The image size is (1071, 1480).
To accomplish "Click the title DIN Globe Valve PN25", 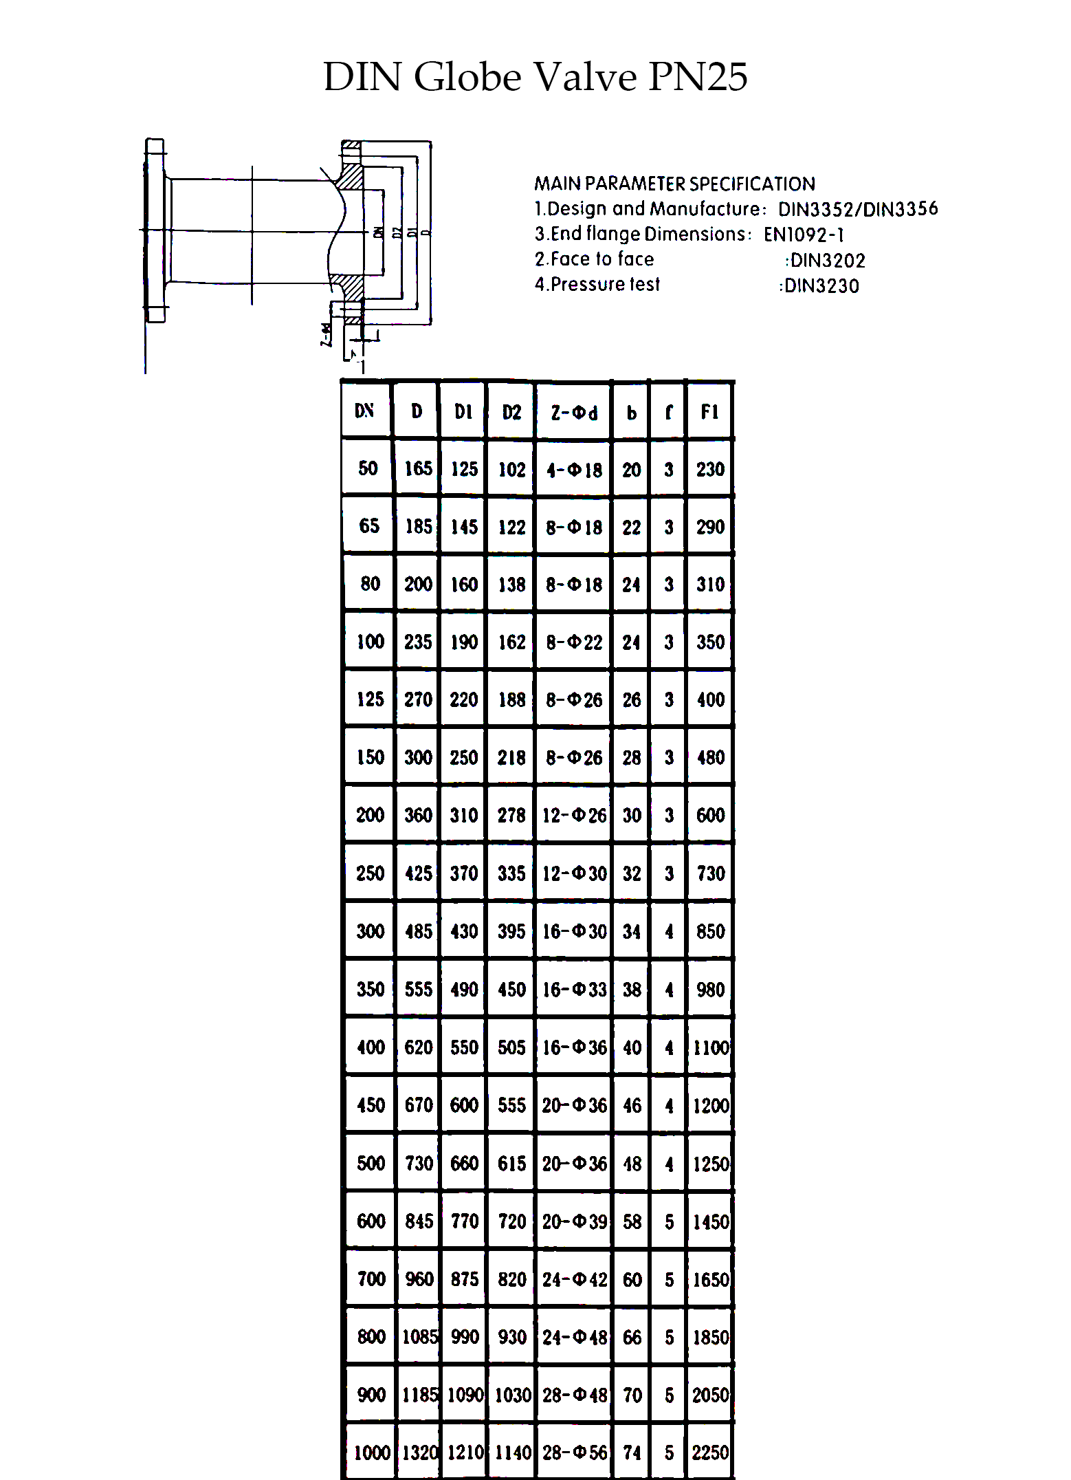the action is coord(535,76).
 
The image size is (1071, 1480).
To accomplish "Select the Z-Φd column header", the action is coord(574,413).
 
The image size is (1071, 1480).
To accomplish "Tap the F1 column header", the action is coord(709,412).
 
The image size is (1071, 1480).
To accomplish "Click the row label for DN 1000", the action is coord(371,1452).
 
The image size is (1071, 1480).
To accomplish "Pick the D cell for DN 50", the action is coord(418,469).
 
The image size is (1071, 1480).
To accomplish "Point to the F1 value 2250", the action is coord(710,1452).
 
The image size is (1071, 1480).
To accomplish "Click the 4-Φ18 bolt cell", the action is coord(574,470).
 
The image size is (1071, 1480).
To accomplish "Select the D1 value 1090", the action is coord(465,1395).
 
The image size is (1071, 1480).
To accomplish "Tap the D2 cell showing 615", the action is coord(511,1164).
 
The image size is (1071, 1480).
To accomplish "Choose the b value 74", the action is coord(632,1452).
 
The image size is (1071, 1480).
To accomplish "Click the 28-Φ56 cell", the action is coord(574,1452).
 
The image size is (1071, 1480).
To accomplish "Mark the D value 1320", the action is coord(419,1452).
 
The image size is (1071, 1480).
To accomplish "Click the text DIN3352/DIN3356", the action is coord(857,209).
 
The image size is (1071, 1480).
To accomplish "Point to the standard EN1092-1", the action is coord(804,235).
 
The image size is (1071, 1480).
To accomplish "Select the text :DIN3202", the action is coord(825,261).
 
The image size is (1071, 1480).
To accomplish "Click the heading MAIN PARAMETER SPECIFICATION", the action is coord(674,184).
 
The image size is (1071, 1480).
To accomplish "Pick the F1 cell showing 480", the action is coord(710,757).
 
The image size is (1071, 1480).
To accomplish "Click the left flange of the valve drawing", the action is coord(155,230).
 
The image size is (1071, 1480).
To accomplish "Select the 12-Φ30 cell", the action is coord(574,873).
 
